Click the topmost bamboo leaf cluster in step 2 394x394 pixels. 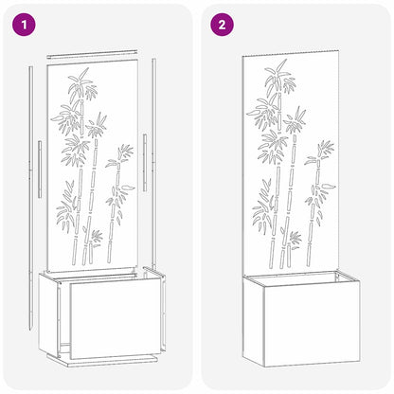coord(281,76)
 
